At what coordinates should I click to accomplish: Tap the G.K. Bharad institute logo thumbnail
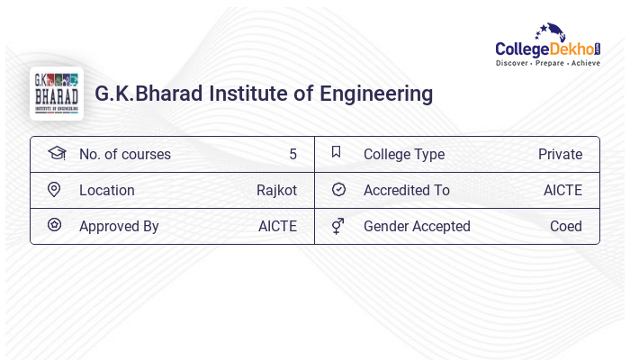pyautogui.click(x=57, y=94)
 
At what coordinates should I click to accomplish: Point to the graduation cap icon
pyautogui.click(x=57, y=153)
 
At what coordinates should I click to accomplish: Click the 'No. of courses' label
pyautogui.click(x=124, y=155)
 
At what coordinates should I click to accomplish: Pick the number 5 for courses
pyautogui.click(x=292, y=155)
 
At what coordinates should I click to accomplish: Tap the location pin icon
pyautogui.click(x=54, y=190)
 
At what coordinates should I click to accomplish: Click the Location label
pyautogui.click(x=107, y=191)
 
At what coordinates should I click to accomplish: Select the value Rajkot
pyautogui.click(x=276, y=191)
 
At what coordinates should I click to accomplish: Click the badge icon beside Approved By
pyautogui.click(x=54, y=225)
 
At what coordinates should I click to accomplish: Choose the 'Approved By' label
pyautogui.click(x=119, y=227)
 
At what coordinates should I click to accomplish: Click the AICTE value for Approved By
pyautogui.click(x=277, y=227)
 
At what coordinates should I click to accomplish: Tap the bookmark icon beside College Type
pyautogui.click(x=337, y=152)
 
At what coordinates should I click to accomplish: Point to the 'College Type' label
pyautogui.click(x=404, y=155)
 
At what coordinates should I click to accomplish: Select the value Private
pyautogui.click(x=560, y=155)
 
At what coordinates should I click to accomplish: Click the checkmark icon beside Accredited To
pyautogui.click(x=338, y=190)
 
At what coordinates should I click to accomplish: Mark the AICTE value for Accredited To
pyautogui.click(x=562, y=191)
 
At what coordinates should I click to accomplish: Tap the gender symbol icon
pyautogui.click(x=337, y=226)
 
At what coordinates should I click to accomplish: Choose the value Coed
pyautogui.click(x=566, y=227)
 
